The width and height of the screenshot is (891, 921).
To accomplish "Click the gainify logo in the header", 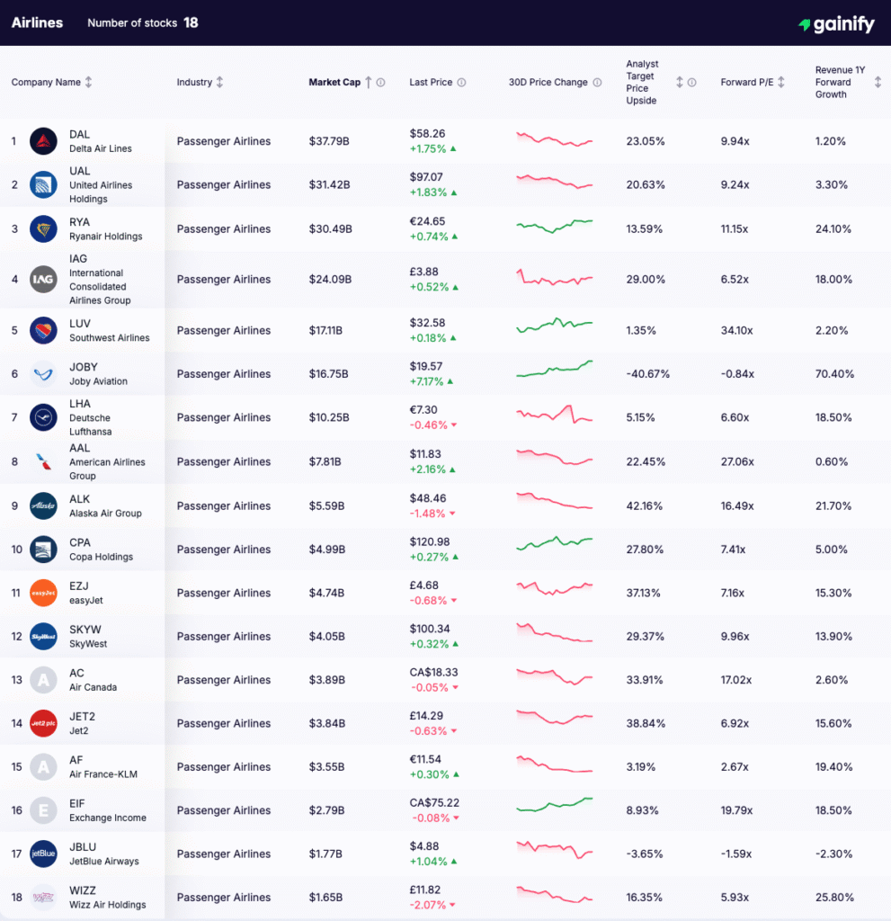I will pyautogui.click(x=836, y=24).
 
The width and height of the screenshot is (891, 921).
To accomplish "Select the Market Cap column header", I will pyautogui.click(x=334, y=82).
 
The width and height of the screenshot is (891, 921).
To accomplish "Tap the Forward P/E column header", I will pyautogui.click(x=746, y=82).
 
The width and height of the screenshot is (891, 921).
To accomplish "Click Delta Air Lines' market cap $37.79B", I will pyautogui.click(x=329, y=141).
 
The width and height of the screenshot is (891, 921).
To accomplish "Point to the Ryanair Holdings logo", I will pyautogui.click(x=43, y=228).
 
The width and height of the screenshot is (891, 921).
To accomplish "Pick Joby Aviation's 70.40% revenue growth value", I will pyautogui.click(x=834, y=373).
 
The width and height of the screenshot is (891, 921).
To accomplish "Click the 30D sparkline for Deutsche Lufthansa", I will pyautogui.click(x=555, y=416).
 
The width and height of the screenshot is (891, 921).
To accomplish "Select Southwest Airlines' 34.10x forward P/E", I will pyautogui.click(x=737, y=330).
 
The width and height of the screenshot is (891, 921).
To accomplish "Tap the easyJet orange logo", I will pyautogui.click(x=43, y=593).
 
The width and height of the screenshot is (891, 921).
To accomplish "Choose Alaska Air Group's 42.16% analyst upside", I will pyautogui.click(x=646, y=505).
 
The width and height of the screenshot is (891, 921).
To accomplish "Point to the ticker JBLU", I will pyautogui.click(x=83, y=846).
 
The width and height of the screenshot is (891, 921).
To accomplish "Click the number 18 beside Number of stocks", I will pyautogui.click(x=191, y=22).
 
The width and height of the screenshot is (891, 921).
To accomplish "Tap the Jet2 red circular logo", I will pyautogui.click(x=43, y=723).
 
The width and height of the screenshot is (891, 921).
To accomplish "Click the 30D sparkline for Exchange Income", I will pyautogui.click(x=555, y=803).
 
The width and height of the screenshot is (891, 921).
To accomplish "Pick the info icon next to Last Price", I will pyautogui.click(x=461, y=83).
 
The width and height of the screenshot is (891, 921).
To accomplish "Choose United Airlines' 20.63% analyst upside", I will pyautogui.click(x=646, y=184).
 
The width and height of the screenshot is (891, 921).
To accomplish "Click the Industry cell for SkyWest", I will pyautogui.click(x=223, y=636).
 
